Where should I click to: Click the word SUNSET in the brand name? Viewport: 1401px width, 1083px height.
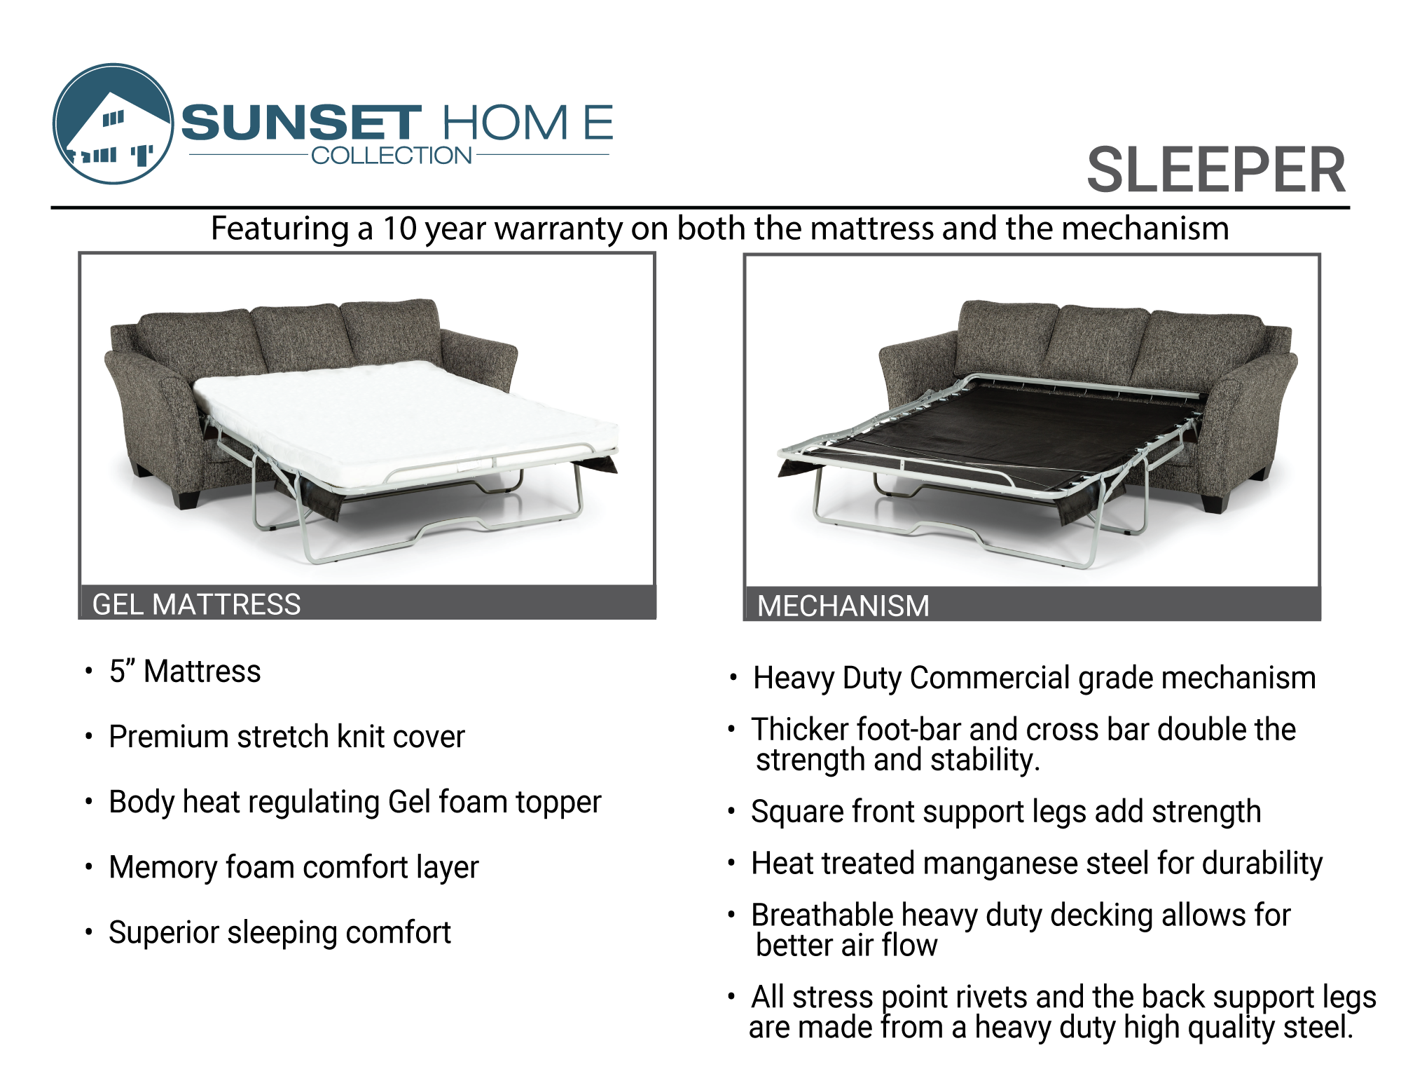pos(301,123)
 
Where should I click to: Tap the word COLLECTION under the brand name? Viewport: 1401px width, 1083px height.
pos(392,156)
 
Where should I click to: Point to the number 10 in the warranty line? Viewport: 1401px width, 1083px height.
pos(399,229)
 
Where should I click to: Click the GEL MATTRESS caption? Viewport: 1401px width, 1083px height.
pos(196,604)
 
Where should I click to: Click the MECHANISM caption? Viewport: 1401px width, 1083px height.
pos(843,606)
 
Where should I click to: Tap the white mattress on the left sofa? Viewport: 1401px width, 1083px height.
pos(406,421)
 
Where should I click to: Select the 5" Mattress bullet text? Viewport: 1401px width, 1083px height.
pos(185,672)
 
